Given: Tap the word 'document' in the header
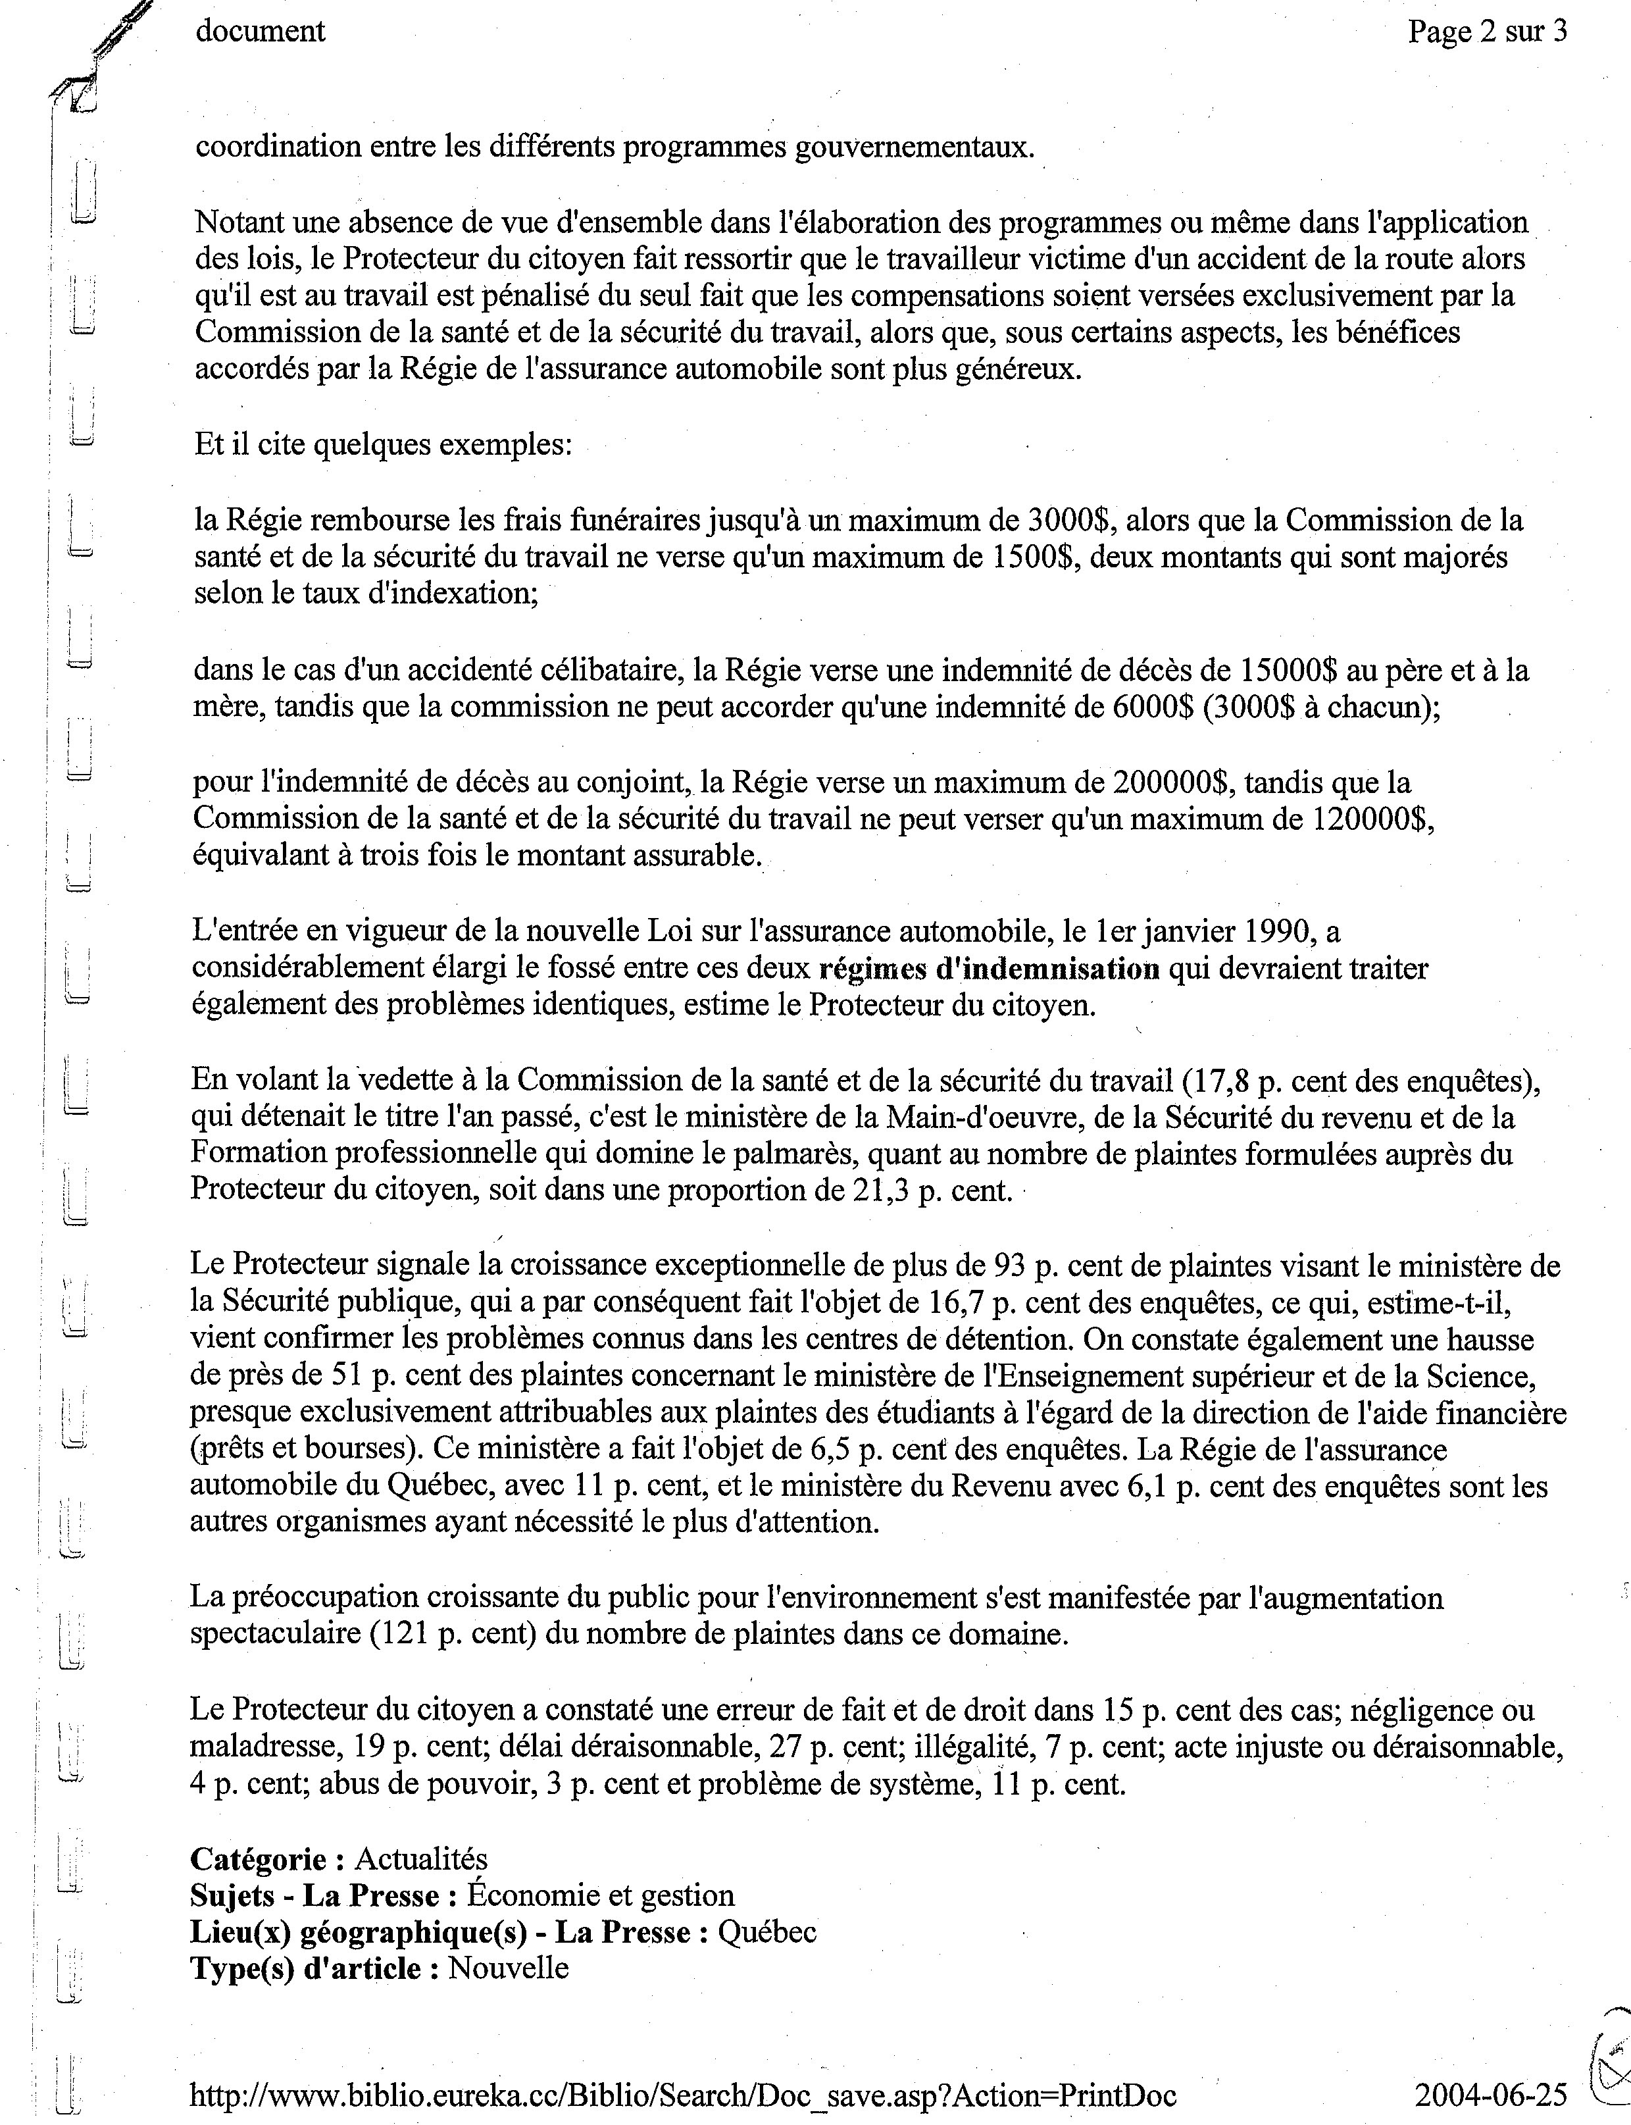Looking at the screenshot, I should tap(260, 31).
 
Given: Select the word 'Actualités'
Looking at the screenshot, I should tap(420, 1859).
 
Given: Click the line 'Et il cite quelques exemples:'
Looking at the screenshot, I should tap(384, 445).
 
